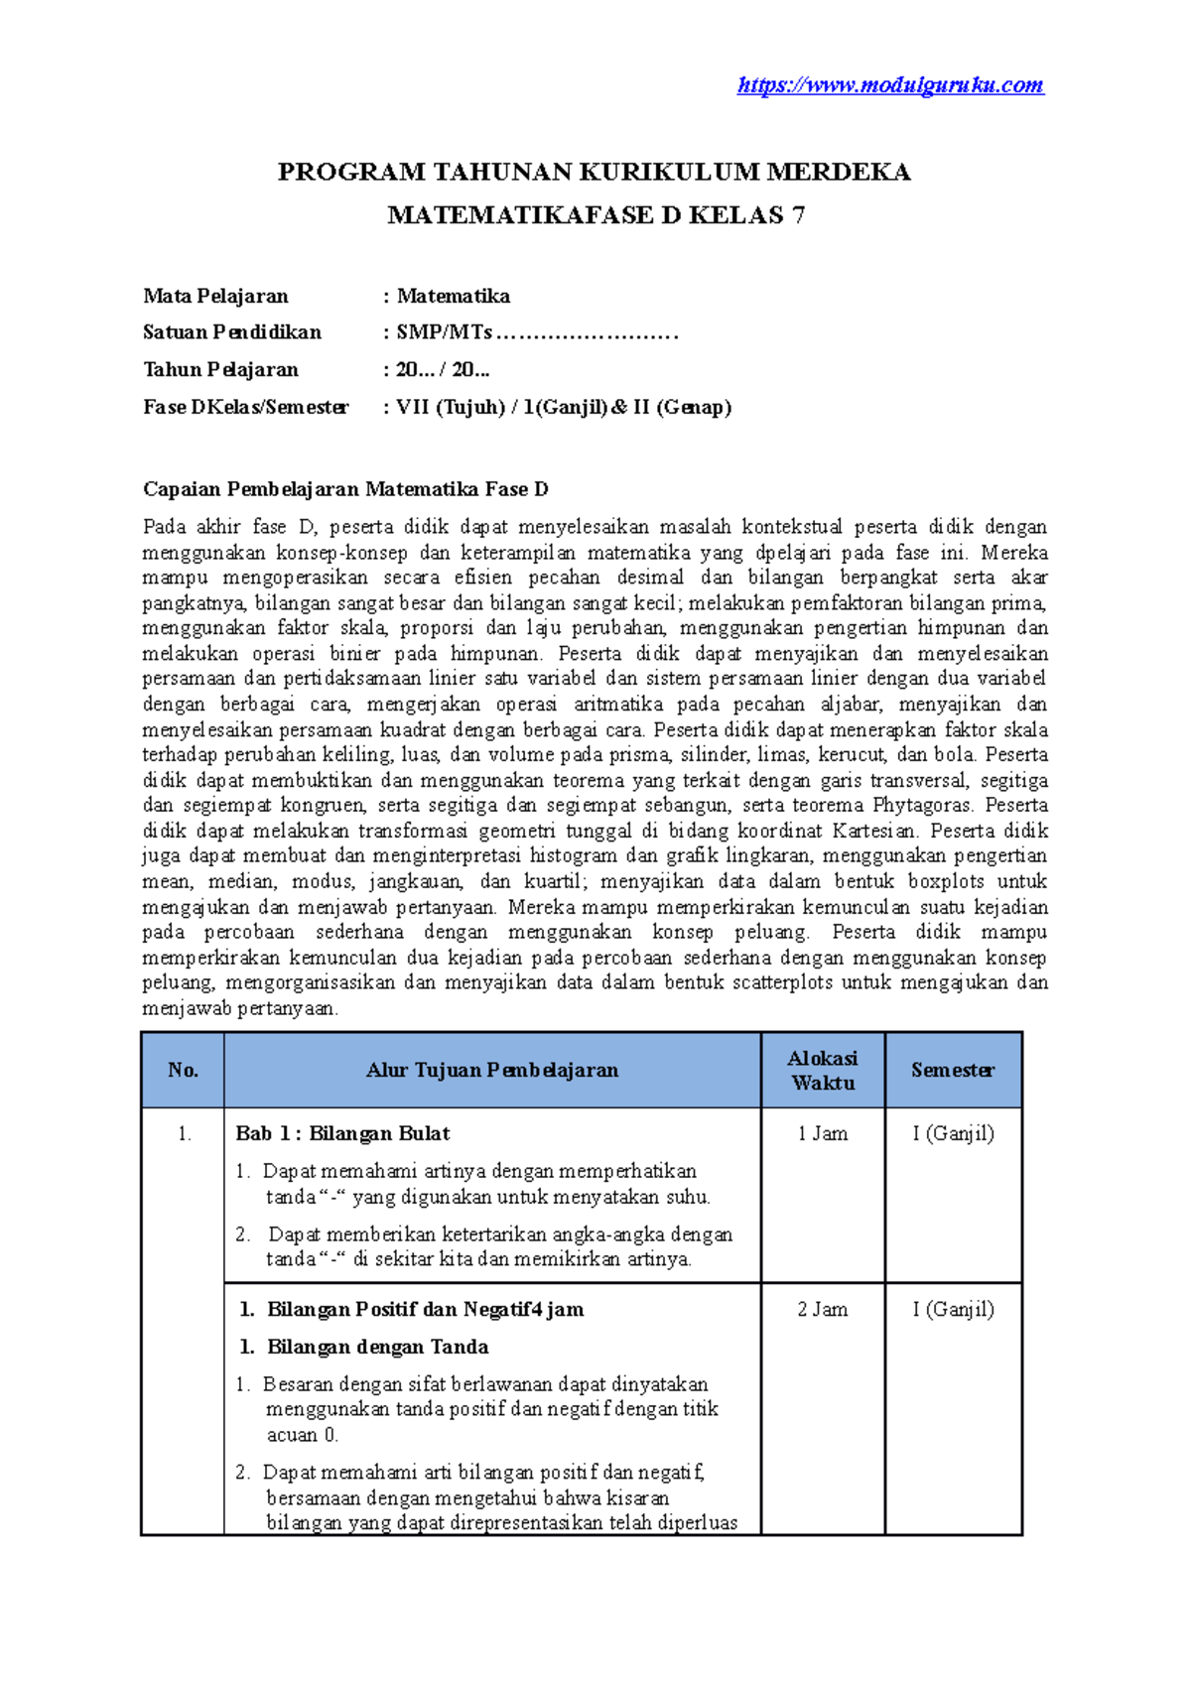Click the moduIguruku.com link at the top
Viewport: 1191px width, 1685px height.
point(890,85)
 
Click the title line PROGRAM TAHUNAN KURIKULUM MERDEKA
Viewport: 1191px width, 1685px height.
point(594,173)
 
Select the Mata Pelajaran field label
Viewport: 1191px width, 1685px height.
point(215,296)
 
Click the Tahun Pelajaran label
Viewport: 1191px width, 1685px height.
point(220,369)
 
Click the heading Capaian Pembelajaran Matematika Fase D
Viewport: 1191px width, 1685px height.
point(345,489)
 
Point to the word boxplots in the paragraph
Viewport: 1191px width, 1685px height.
point(946,881)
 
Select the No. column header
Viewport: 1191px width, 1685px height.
point(183,1070)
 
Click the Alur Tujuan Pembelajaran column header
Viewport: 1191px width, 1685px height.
point(492,1070)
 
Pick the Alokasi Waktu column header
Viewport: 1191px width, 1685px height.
point(823,1070)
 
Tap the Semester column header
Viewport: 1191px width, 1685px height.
point(953,1070)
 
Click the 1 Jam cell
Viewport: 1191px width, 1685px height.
point(823,1133)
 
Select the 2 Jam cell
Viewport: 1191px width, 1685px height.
point(823,1309)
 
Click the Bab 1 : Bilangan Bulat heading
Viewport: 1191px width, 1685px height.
point(342,1133)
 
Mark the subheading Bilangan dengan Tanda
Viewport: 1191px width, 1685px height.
point(377,1347)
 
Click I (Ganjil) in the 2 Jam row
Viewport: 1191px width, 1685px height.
point(953,1309)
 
